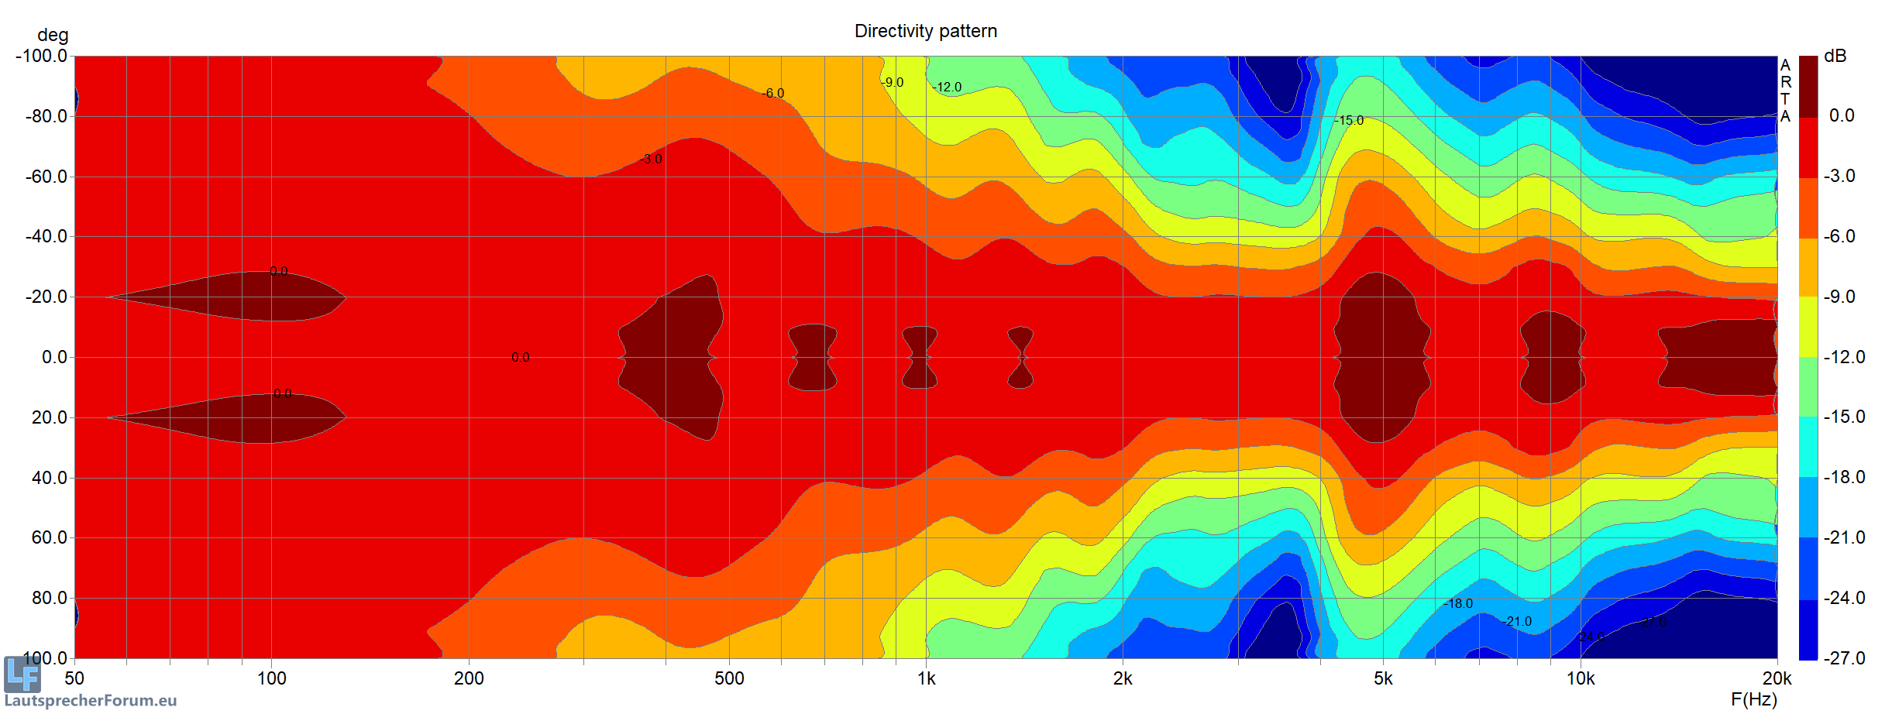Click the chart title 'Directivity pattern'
(925, 31)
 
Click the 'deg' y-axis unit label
(53, 35)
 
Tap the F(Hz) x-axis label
(1753, 699)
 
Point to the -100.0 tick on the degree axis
(41, 56)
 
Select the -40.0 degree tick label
(46, 236)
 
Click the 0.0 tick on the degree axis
(54, 357)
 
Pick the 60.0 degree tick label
(50, 537)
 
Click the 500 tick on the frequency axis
(728, 678)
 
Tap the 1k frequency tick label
(926, 678)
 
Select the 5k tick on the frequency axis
(1383, 678)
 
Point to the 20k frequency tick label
(1777, 678)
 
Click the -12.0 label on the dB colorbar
(1844, 357)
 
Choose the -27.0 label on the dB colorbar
(1844, 658)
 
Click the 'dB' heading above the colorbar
(1835, 56)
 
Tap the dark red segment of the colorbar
(1808, 86)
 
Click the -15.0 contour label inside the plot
(1349, 120)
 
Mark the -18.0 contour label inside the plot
(1458, 603)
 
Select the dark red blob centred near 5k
(1381, 357)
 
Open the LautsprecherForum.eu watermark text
(91, 701)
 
